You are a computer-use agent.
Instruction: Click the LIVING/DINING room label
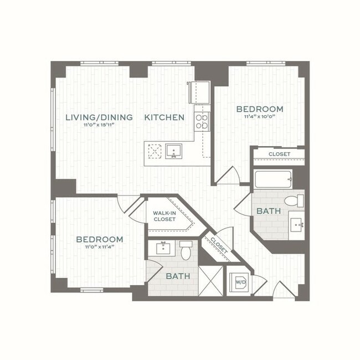99,117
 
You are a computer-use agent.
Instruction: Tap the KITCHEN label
164,117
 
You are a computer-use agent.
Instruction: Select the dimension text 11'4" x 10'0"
259,117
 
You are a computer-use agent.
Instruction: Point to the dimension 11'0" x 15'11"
99,125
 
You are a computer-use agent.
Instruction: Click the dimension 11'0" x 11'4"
100,247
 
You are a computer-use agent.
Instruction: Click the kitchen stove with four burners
202,121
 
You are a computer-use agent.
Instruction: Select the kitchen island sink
173,151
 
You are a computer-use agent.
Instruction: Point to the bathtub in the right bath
273,179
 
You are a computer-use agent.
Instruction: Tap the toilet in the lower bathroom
186,250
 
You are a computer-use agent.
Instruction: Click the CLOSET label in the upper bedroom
279,154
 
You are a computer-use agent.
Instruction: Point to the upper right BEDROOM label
259,109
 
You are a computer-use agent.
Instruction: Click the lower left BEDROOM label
100,239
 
